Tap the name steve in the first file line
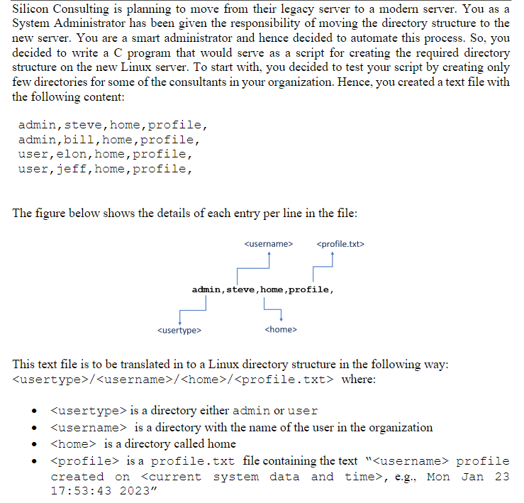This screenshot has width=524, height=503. [x=84, y=126]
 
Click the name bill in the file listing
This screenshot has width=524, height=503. [x=79, y=140]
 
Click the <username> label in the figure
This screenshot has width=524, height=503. [x=268, y=244]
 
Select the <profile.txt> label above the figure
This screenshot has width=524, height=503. [x=341, y=244]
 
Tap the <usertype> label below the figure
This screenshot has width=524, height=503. [x=179, y=329]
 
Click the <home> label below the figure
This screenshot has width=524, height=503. [x=280, y=329]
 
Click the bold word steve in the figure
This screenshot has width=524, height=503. [x=242, y=289]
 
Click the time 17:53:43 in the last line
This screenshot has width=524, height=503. [x=78, y=491]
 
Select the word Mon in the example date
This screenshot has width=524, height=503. [x=438, y=477]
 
